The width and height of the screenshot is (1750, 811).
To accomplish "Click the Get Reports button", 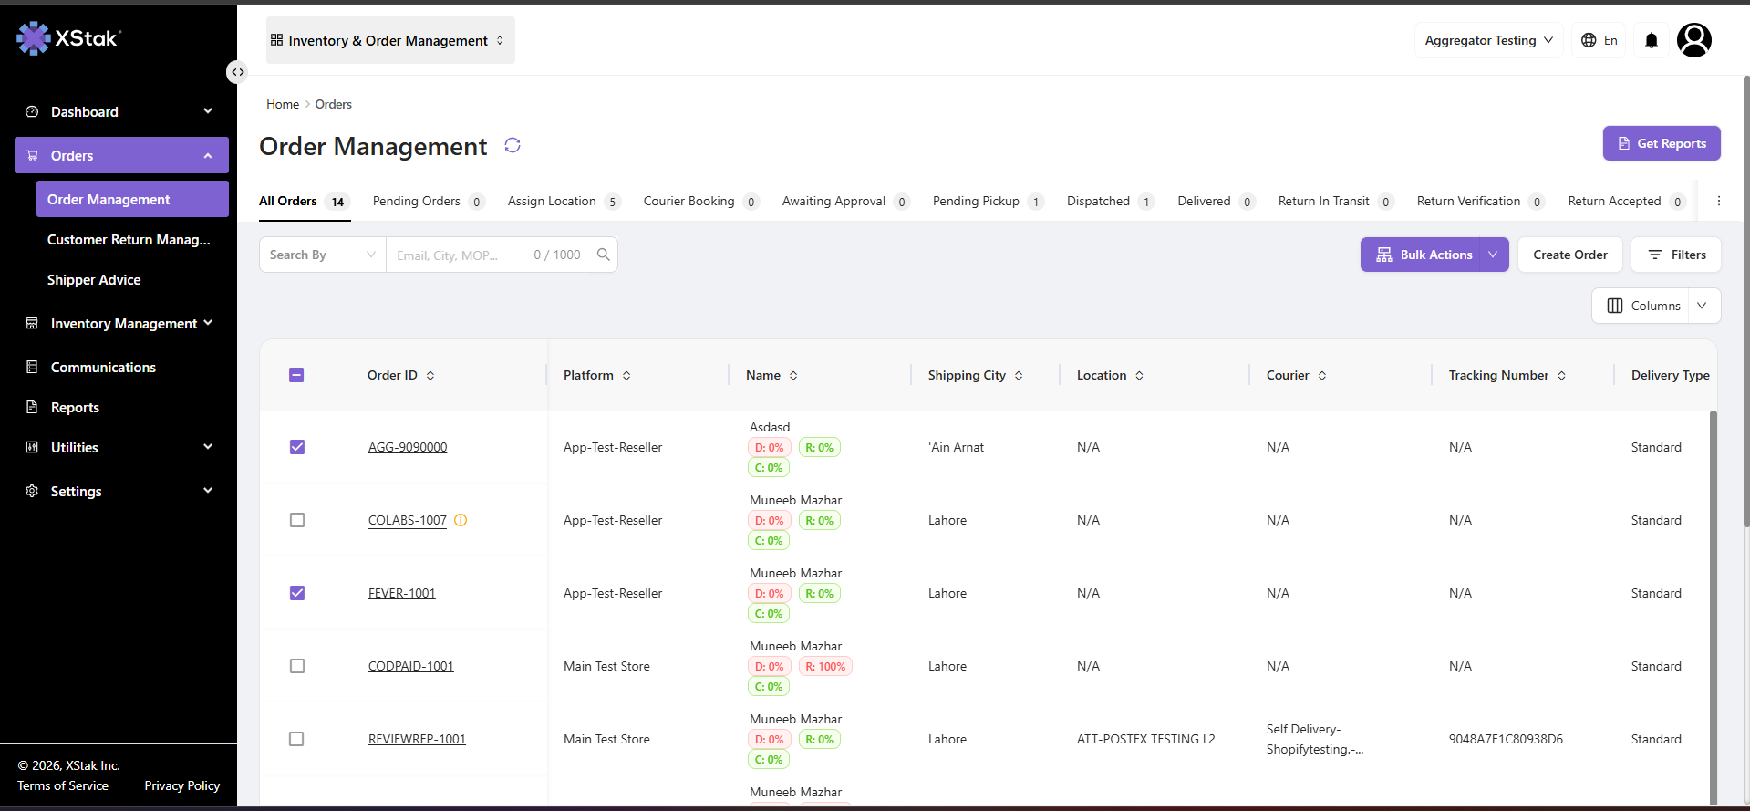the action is pyautogui.click(x=1662, y=143).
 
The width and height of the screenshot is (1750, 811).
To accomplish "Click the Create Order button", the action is pyautogui.click(x=1569, y=255).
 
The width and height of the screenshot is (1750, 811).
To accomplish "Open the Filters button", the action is pyautogui.click(x=1676, y=255).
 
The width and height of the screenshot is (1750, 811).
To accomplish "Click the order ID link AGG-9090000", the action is pyautogui.click(x=408, y=447).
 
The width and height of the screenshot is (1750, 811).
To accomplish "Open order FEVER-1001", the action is pyautogui.click(x=402, y=593).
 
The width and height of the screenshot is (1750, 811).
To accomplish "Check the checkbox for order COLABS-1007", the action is pyautogui.click(x=297, y=520).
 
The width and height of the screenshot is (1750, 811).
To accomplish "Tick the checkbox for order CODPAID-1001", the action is pyautogui.click(x=297, y=666).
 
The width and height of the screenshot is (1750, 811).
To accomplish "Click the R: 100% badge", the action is pyautogui.click(x=825, y=667).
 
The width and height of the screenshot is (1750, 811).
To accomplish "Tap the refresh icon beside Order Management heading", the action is pyautogui.click(x=513, y=145).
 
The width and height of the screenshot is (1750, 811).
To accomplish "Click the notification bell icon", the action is pyautogui.click(x=1652, y=40).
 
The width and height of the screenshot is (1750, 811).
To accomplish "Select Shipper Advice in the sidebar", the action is pyautogui.click(x=94, y=280).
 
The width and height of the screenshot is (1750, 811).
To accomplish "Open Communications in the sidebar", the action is pyautogui.click(x=103, y=368).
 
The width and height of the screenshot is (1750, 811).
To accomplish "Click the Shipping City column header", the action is pyautogui.click(x=967, y=375).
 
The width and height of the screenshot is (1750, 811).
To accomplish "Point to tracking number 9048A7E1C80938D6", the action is pyautogui.click(x=1506, y=739).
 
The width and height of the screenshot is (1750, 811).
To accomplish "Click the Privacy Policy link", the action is pyautogui.click(x=182, y=785).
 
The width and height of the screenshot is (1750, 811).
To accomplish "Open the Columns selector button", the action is pyautogui.click(x=1656, y=306).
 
